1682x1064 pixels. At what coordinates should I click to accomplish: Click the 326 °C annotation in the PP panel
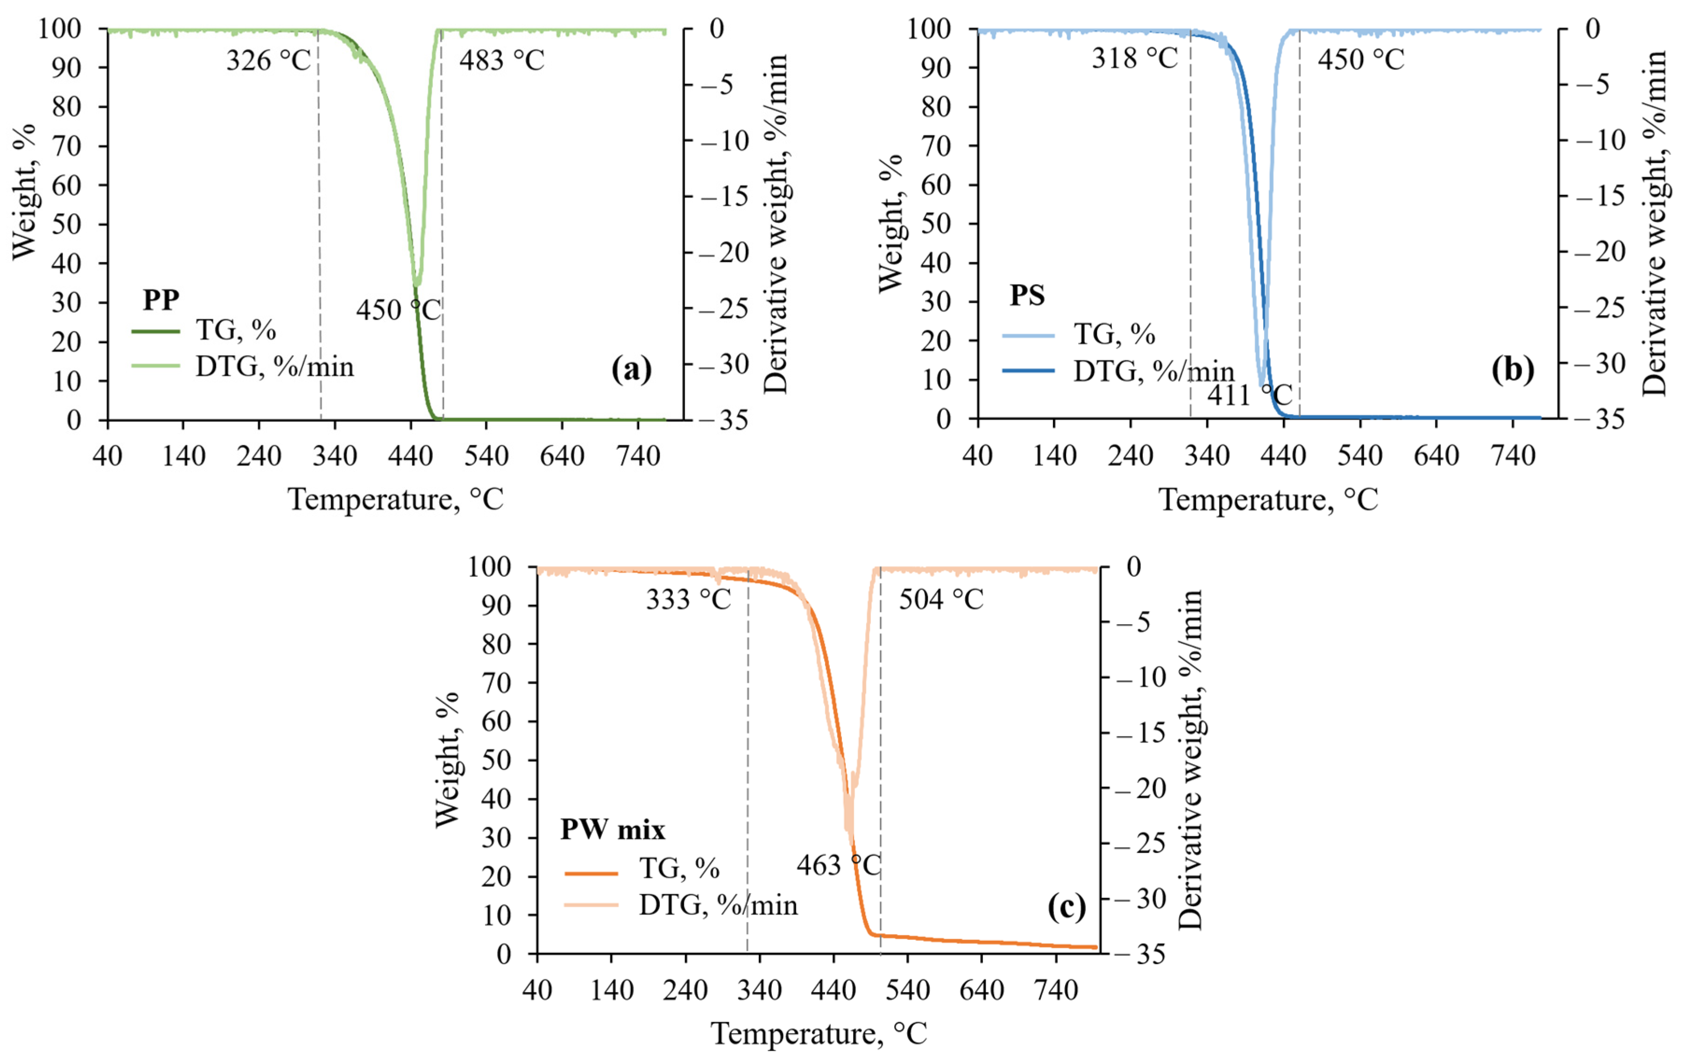click(x=268, y=61)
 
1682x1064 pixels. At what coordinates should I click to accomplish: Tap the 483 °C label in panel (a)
click(x=502, y=61)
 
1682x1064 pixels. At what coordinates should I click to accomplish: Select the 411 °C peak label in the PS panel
click(x=1249, y=395)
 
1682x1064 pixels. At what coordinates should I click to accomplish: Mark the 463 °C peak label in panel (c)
click(x=838, y=866)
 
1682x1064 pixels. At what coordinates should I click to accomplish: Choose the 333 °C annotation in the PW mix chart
click(x=688, y=599)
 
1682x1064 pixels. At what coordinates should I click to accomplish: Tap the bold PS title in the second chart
click(x=1027, y=295)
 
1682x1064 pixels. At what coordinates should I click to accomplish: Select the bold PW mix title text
click(x=613, y=829)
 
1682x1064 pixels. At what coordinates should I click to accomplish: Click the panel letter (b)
click(x=1512, y=369)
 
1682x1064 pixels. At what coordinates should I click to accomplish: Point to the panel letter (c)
click(x=1067, y=906)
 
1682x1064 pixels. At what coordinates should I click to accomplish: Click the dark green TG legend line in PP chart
click(x=155, y=331)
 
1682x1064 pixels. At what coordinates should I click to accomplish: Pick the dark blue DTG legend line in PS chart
click(x=1027, y=371)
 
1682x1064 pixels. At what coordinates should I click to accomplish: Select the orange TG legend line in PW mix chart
click(x=591, y=873)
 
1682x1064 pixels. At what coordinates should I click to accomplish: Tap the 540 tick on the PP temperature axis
click(x=486, y=456)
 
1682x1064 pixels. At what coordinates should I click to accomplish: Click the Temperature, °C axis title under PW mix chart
click(x=819, y=1033)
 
